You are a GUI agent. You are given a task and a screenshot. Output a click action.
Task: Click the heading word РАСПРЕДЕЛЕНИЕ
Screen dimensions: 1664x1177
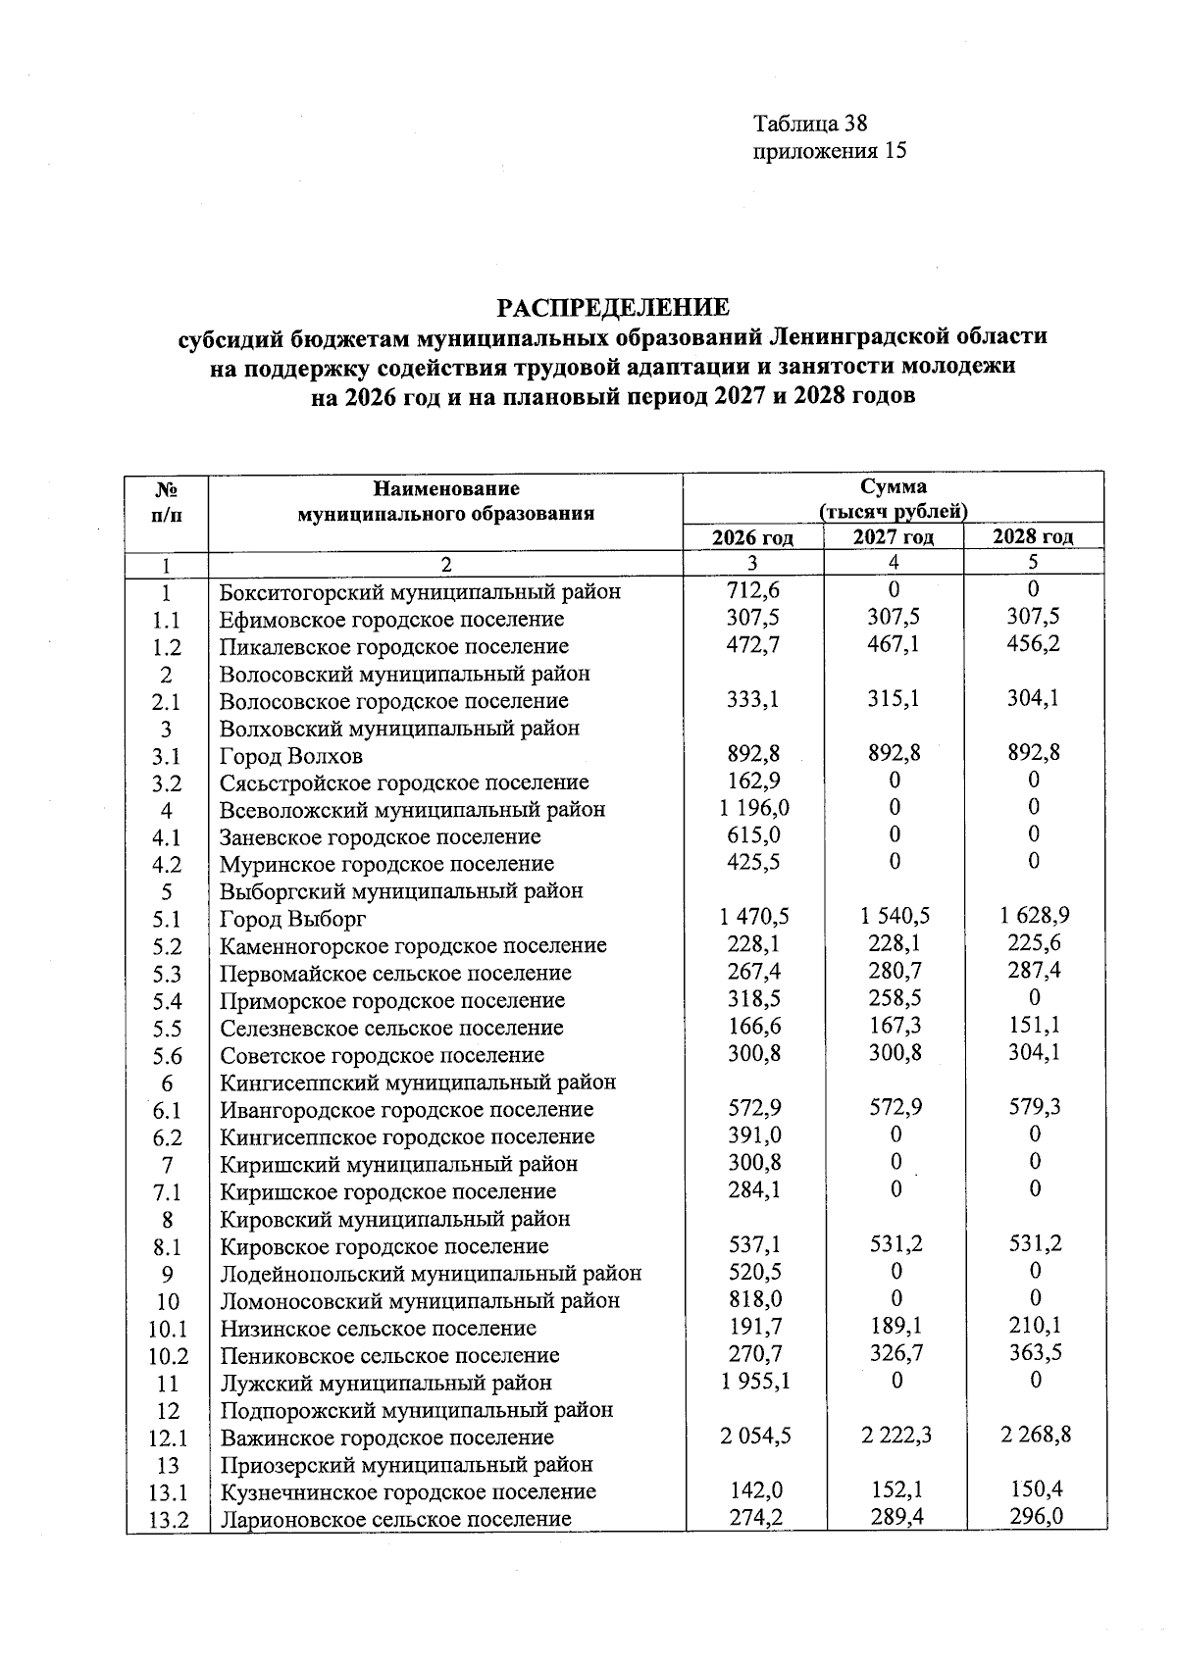pyautogui.click(x=613, y=308)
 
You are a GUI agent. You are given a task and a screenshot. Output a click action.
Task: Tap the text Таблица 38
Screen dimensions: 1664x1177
pyautogui.click(x=810, y=124)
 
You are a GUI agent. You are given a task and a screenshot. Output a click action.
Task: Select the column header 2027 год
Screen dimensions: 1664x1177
pyautogui.click(x=894, y=536)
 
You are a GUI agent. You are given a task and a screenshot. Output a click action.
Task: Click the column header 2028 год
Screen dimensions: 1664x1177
pyautogui.click(x=1033, y=536)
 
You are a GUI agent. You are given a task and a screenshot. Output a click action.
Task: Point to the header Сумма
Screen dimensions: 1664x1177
pyautogui.click(x=893, y=487)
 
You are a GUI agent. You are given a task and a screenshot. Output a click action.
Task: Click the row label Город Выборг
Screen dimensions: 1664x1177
pyautogui.click(x=292, y=919)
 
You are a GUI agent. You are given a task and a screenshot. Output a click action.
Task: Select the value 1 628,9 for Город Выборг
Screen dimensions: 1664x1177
pyautogui.click(x=1034, y=916)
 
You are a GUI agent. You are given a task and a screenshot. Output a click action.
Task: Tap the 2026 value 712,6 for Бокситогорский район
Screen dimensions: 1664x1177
pyautogui.click(x=753, y=590)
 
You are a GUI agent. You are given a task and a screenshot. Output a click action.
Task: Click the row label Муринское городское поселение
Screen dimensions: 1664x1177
pyautogui.click(x=386, y=864)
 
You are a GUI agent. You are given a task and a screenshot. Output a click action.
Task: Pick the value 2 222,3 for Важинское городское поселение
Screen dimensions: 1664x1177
pyautogui.click(x=896, y=1436)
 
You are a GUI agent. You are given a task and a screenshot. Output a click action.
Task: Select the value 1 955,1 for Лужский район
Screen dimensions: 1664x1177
pyautogui.click(x=754, y=1381)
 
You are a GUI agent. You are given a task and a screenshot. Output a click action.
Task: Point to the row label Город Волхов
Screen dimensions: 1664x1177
pyautogui.click(x=291, y=756)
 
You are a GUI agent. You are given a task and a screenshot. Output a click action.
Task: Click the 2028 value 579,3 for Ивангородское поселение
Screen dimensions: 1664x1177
pyautogui.click(x=1034, y=1107)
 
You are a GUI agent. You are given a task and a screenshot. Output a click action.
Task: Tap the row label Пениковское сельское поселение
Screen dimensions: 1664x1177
pyautogui.click(x=389, y=1356)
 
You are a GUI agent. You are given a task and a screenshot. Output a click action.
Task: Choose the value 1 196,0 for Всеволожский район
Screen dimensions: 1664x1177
pyautogui.click(x=754, y=808)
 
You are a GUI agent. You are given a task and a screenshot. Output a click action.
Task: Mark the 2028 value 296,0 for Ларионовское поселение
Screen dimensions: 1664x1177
pyautogui.click(x=1034, y=1517)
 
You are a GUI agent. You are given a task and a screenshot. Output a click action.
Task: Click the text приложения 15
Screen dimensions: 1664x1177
pyautogui.click(x=829, y=151)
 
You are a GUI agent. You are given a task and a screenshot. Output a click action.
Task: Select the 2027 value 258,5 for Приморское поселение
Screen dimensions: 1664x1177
pyautogui.click(x=895, y=998)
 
